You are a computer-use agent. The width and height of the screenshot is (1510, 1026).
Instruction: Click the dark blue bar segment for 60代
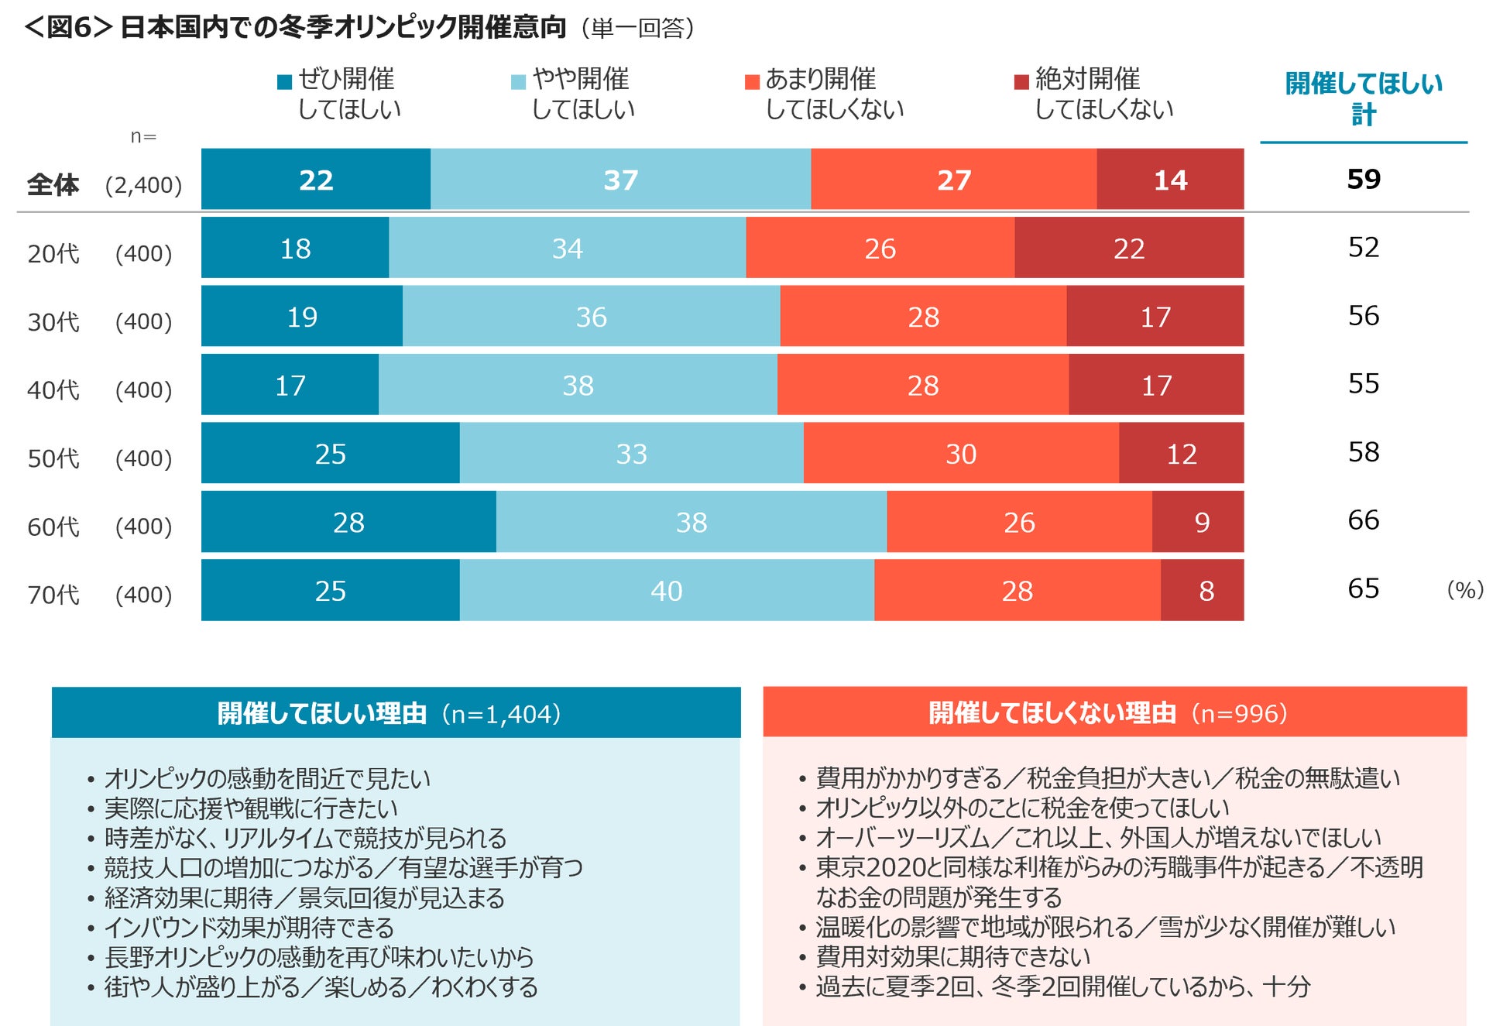pos(348,521)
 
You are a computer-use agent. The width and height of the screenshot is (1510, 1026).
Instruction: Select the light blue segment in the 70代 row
pos(667,590)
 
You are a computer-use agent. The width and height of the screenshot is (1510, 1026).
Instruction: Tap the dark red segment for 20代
pos(1129,248)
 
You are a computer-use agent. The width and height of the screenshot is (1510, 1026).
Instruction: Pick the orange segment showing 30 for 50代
pos(961,453)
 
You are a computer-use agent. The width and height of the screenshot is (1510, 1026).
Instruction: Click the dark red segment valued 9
pos(1198,521)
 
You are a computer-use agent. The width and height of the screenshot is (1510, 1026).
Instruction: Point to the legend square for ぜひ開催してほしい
pos(284,81)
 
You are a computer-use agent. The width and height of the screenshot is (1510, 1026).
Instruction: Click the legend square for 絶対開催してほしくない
pos(1021,81)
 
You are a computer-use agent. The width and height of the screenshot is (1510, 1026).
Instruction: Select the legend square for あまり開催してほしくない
pos(751,81)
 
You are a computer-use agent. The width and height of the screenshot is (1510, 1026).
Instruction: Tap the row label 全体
pos(53,184)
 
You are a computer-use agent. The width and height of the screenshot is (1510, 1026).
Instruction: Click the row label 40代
pos(53,389)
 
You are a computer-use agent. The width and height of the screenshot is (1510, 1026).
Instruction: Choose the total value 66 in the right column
pos(1363,520)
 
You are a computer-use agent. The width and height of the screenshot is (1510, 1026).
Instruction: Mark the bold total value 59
pos(1363,179)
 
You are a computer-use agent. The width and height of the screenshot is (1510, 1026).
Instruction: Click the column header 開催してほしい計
pos(1363,98)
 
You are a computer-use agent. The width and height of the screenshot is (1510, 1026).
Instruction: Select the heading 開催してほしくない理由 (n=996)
pos(1107,712)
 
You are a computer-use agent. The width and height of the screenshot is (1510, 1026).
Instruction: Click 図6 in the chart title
pos(70,27)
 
